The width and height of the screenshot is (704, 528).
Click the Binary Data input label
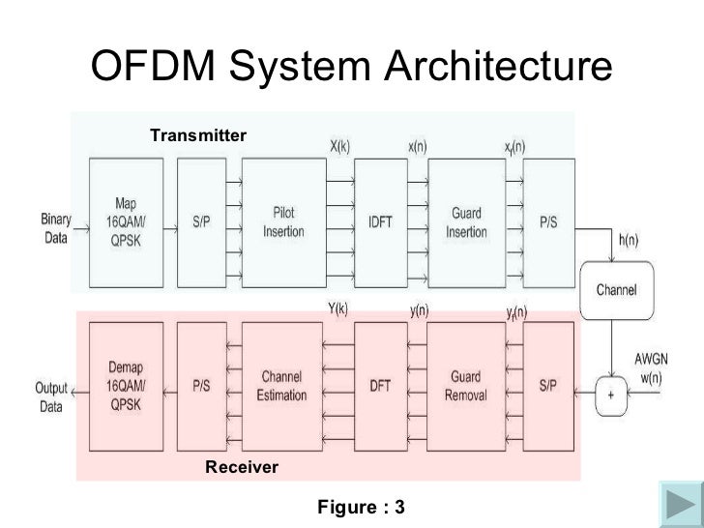(55, 228)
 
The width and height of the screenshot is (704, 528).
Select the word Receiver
(242, 467)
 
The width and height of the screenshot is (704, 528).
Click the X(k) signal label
(339, 147)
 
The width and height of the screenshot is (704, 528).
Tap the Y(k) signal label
(339, 309)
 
